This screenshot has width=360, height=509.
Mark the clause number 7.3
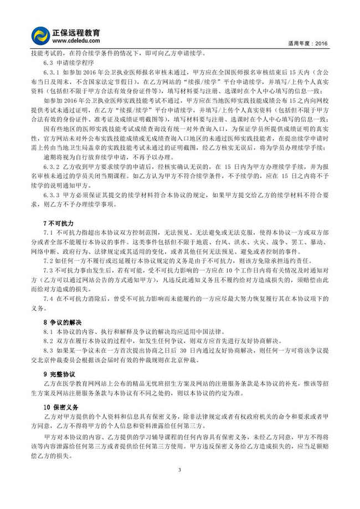[x=47, y=270]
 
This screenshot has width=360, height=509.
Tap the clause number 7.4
[x=47, y=299]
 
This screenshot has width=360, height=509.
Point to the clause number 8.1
[x=47, y=331]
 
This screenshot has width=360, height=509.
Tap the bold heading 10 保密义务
[x=61, y=407]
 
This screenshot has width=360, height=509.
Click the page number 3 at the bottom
[x=179, y=470]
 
